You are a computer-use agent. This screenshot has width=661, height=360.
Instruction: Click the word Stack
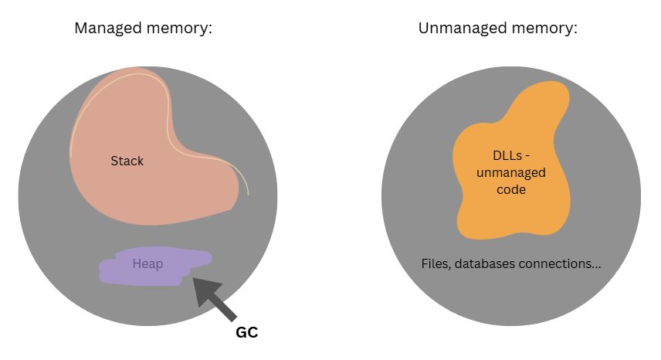click(x=127, y=161)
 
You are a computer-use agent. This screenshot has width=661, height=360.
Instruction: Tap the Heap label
click(x=147, y=264)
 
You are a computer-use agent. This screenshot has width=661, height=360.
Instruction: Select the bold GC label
click(x=246, y=333)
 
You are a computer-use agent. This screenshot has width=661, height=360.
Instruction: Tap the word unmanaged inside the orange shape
click(x=511, y=173)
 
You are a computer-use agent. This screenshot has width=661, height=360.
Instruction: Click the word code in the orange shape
click(x=511, y=188)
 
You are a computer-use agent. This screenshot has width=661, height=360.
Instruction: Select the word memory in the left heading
click(x=178, y=29)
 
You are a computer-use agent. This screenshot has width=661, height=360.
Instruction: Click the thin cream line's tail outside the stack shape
click(x=248, y=193)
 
